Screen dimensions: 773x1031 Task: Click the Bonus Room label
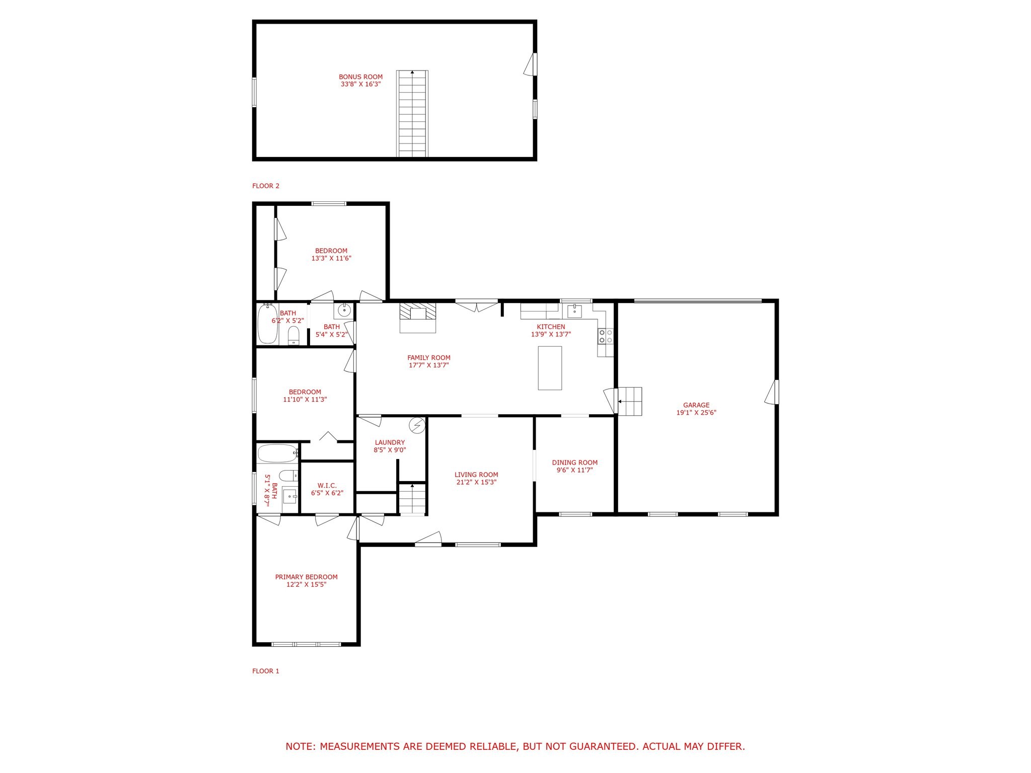[x=360, y=77]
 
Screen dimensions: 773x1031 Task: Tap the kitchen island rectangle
[x=549, y=368]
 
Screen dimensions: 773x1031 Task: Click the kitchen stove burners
[x=606, y=336]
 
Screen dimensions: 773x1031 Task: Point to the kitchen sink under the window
[x=574, y=311]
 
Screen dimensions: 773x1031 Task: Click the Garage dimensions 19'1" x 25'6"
[x=696, y=413]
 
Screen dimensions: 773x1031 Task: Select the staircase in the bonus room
[x=412, y=114]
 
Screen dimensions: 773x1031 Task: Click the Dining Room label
[x=574, y=462]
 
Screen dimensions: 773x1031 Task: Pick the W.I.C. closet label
[x=327, y=485]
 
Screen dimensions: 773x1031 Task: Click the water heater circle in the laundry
[x=417, y=426]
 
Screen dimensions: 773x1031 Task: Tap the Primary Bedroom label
[x=306, y=577]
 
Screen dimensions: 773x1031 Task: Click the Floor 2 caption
[x=265, y=186]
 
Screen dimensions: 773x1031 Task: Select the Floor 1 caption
[x=265, y=671]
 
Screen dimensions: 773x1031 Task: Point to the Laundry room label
[x=390, y=442]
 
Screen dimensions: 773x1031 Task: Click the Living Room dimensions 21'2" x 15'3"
[x=476, y=482]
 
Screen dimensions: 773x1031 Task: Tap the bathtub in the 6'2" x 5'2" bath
[x=267, y=324]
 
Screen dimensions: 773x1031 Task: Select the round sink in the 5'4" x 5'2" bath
[x=345, y=311]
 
